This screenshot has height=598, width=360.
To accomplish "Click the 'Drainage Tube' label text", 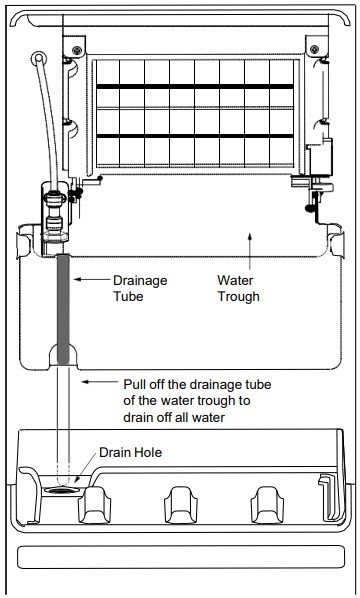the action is click(140, 288).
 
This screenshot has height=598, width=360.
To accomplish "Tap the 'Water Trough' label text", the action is click(238, 288).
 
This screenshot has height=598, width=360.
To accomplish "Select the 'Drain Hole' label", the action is click(130, 452).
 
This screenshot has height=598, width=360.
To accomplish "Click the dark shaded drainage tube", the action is click(63, 309).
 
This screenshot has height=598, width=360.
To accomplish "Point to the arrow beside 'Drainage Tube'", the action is click(92, 280).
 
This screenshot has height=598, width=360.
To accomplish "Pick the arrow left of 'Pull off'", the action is click(101, 381).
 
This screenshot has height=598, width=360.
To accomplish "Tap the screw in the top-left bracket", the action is click(77, 50).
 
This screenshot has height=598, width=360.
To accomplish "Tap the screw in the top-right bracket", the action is click(315, 49).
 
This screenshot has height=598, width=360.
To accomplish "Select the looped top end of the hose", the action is click(39, 58).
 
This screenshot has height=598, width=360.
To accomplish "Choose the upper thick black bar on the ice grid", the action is click(195, 87).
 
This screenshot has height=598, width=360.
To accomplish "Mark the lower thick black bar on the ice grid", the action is click(195, 136).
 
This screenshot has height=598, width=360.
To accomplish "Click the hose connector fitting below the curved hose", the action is click(56, 215).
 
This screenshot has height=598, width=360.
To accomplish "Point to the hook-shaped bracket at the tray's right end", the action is click(328, 496).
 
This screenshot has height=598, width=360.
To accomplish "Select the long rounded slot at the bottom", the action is click(181, 557).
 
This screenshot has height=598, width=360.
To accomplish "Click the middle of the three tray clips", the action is click(181, 505).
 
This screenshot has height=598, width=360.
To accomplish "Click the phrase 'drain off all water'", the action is click(174, 417).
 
